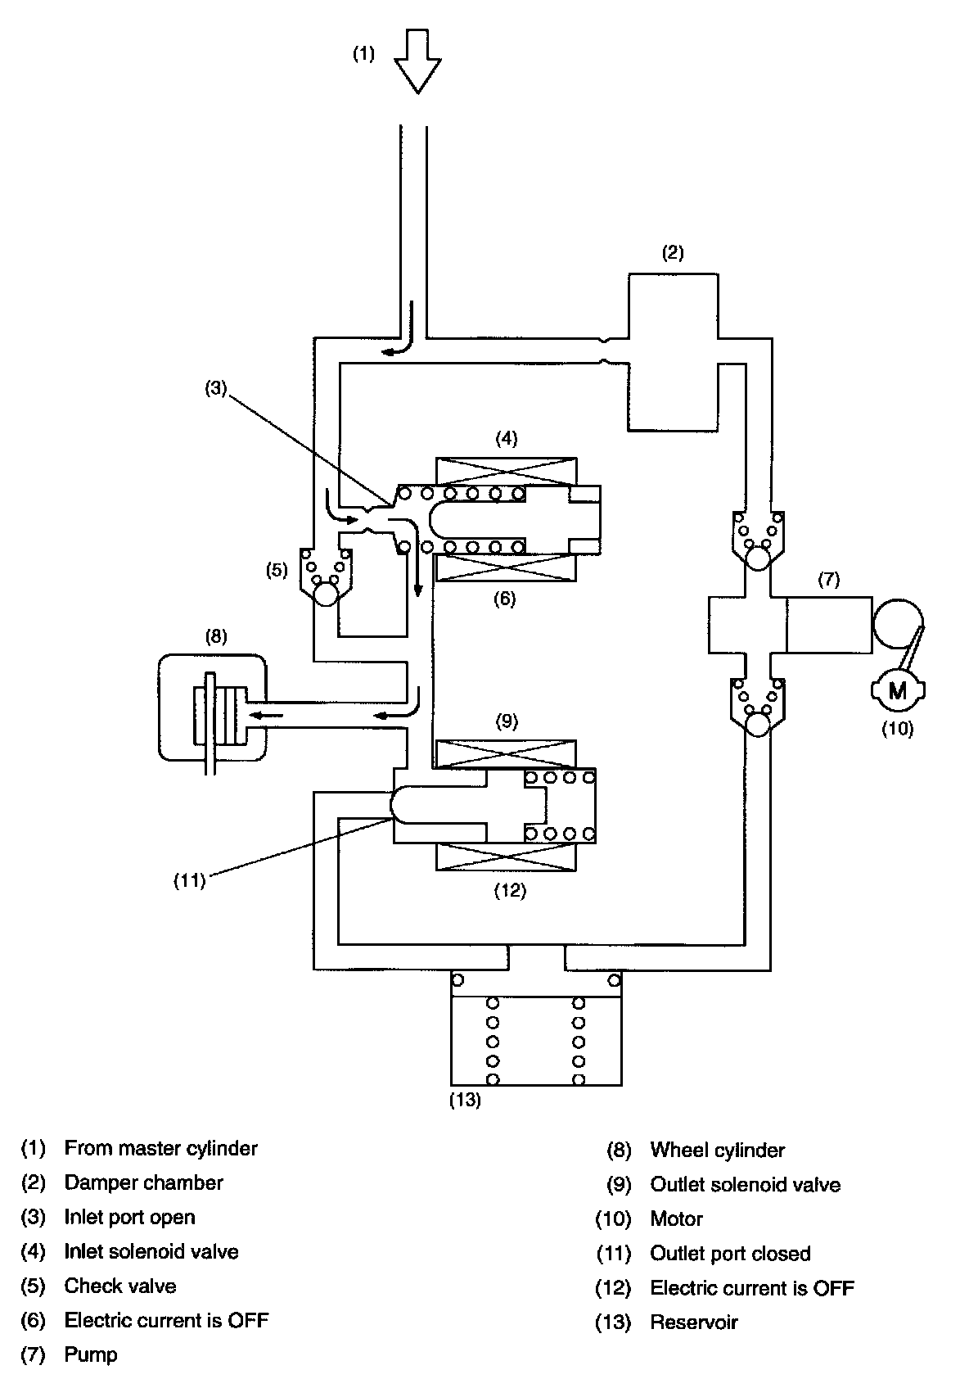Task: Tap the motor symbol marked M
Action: (x=897, y=689)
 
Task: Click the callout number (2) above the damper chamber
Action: (x=672, y=252)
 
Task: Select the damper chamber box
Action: (x=673, y=352)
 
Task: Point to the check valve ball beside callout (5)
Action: (x=326, y=593)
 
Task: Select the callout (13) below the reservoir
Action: (x=465, y=1101)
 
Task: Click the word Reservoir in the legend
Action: (x=693, y=1322)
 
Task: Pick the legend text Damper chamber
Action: (x=143, y=1182)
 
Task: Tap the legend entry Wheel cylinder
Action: (x=717, y=1150)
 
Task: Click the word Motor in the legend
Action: (x=676, y=1218)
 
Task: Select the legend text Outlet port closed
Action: (x=730, y=1253)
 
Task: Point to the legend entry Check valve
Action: (x=120, y=1286)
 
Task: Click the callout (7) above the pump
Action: (x=828, y=580)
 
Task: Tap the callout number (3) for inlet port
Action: (x=215, y=389)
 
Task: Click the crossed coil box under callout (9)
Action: (x=507, y=754)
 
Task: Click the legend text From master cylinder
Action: (x=160, y=1148)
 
